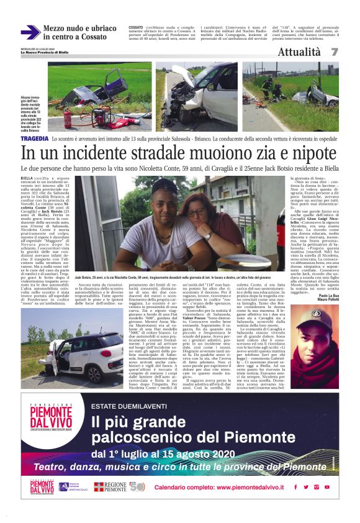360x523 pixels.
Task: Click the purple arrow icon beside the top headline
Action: tap(30, 32)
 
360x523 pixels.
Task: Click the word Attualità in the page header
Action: tap(299, 52)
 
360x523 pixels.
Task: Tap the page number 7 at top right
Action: tap(335, 52)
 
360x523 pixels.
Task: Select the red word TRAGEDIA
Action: tap(35, 141)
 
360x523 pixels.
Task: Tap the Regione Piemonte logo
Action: tap(110, 487)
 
